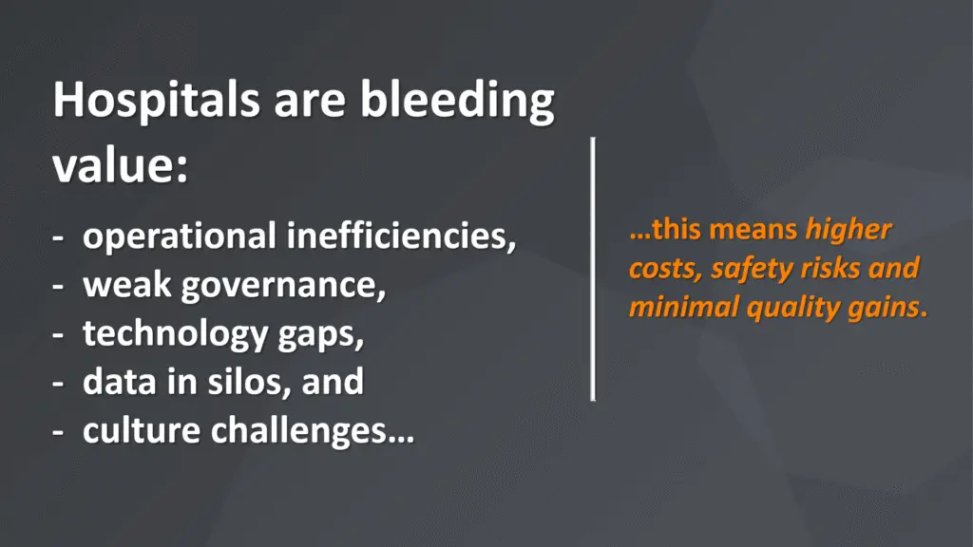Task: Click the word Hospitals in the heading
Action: (157, 100)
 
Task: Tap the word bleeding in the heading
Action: (458, 100)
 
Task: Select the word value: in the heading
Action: (121, 166)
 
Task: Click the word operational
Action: (180, 236)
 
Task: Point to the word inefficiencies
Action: (402, 236)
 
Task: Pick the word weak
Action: (126, 285)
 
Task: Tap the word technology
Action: (175, 334)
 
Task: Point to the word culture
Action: (142, 430)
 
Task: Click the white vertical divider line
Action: (593, 269)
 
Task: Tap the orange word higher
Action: (849, 230)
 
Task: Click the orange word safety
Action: (751, 269)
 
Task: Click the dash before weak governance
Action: (58, 287)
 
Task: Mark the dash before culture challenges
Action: (58, 432)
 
